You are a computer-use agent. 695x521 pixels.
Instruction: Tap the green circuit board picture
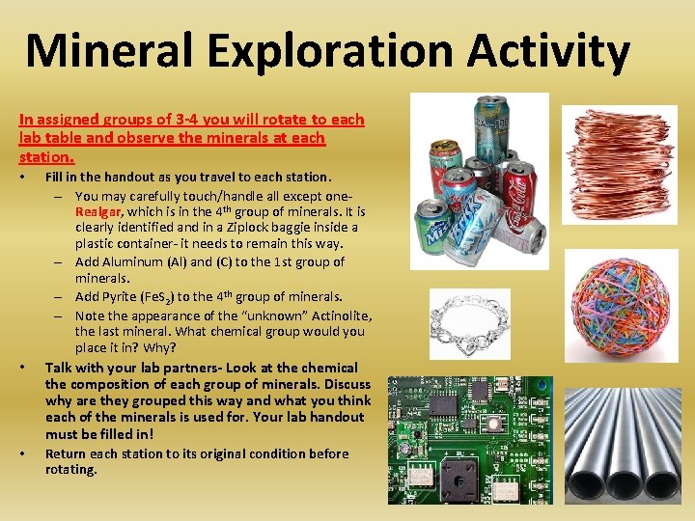(x=470, y=440)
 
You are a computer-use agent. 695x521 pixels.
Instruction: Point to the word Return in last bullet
(x=66, y=453)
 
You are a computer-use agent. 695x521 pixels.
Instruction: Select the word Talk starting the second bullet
(x=60, y=368)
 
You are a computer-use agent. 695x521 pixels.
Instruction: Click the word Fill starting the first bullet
(x=55, y=177)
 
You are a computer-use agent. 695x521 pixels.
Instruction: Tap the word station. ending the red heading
(x=45, y=154)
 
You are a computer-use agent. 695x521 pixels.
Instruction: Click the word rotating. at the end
(x=71, y=470)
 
